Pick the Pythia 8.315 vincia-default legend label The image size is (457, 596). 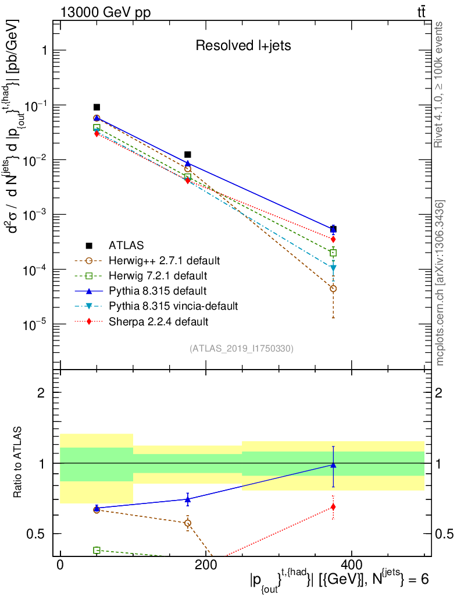(173, 306)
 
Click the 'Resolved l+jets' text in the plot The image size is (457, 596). (243, 45)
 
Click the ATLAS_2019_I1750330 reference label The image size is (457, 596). (241, 349)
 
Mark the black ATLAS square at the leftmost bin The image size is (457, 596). (97, 107)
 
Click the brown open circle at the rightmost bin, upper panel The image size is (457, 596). (333, 289)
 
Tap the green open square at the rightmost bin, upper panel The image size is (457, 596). (333, 253)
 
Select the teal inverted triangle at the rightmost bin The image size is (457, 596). (333, 268)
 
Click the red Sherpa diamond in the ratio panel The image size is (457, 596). (333, 507)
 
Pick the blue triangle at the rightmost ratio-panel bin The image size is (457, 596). (333, 465)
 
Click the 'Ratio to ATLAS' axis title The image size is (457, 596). (19, 463)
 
